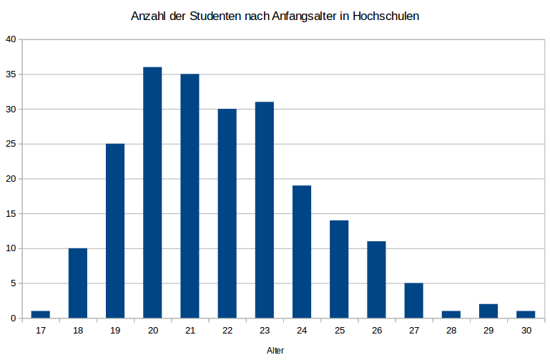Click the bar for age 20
pyautogui.click(x=152, y=193)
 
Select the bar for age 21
pyautogui.click(x=190, y=196)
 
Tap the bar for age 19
pyautogui.click(x=115, y=230)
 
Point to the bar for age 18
pyautogui.click(x=78, y=283)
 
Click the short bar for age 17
pyautogui.click(x=41, y=314)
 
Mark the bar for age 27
pyautogui.click(x=413, y=301)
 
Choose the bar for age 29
pyautogui.click(x=488, y=311)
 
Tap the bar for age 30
pyautogui.click(x=526, y=314)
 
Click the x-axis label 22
pyautogui.click(x=227, y=330)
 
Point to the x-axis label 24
pyautogui.click(x=302, y=330)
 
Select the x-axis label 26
pyautogui.click(x=376, y=330)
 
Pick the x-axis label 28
pyautogui.click(x=451, y=330)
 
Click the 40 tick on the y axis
pyautogui.click(x=11, y=39)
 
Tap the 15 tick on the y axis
pyautogui.click(x=11, y=213)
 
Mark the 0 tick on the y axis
pyautogui.click(x=14, y=318)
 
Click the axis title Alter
pyautogui.click(x=275, y=350)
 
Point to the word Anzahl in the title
pyautogui.click(x=147, y=16)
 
